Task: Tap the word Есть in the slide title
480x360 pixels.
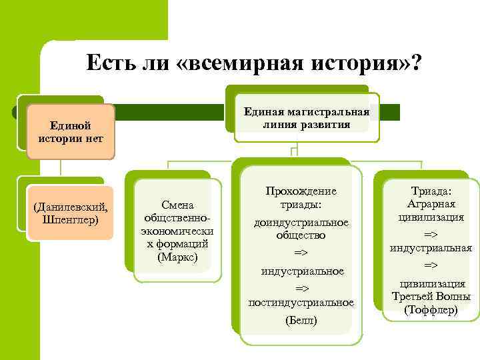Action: pos(107,64)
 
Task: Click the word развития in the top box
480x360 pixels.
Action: pos(325,125)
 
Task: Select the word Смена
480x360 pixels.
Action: pos(177,205)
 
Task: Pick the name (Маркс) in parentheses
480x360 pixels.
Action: pos(177,256)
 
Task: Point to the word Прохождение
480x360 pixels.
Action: pos(301,191)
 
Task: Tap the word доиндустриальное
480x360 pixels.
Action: pos(301,222)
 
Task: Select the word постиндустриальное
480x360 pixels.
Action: pos(301,303)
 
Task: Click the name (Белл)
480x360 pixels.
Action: pos(301,321)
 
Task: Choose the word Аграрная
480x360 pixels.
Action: pos(431,203)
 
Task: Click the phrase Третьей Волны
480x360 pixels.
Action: pos(431,297)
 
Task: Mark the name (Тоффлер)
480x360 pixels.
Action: pos(431,309)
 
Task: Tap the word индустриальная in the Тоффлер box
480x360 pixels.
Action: pos(431,248)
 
